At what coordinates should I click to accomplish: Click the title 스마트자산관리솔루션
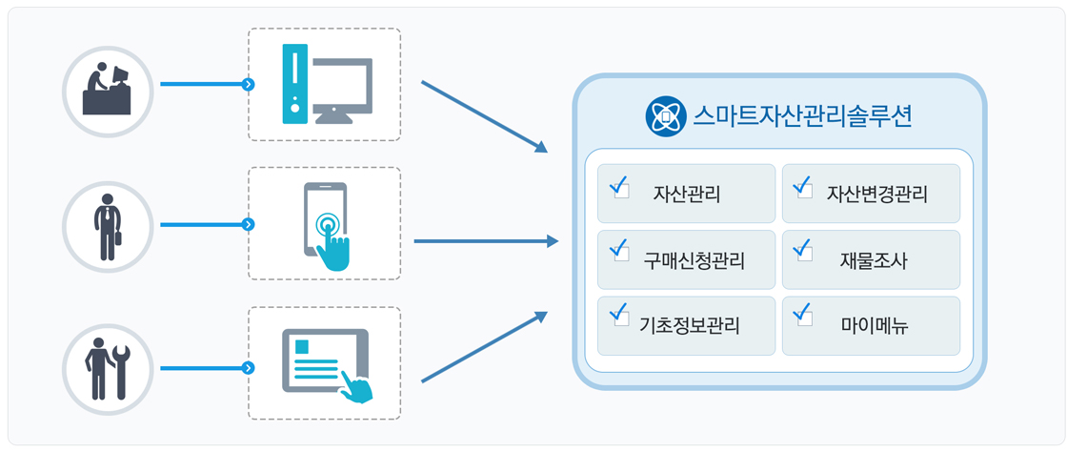point(803,117)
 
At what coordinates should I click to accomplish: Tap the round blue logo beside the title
point(663,117)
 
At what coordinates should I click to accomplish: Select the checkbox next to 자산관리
point(621,189)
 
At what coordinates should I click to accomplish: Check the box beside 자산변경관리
point(805,189)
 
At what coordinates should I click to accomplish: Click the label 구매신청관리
point(695,260)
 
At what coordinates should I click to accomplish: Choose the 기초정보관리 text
point(690,326)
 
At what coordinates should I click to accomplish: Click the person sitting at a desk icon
point(108,91)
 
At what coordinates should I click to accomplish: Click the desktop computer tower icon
point(294,84)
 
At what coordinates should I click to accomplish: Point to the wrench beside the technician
point(122,372)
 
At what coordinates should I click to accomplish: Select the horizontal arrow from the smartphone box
point(486,241)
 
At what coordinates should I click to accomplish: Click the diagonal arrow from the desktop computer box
point(485,116)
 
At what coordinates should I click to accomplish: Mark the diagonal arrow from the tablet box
point(485,347)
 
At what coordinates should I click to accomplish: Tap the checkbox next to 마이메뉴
point(805,318)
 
